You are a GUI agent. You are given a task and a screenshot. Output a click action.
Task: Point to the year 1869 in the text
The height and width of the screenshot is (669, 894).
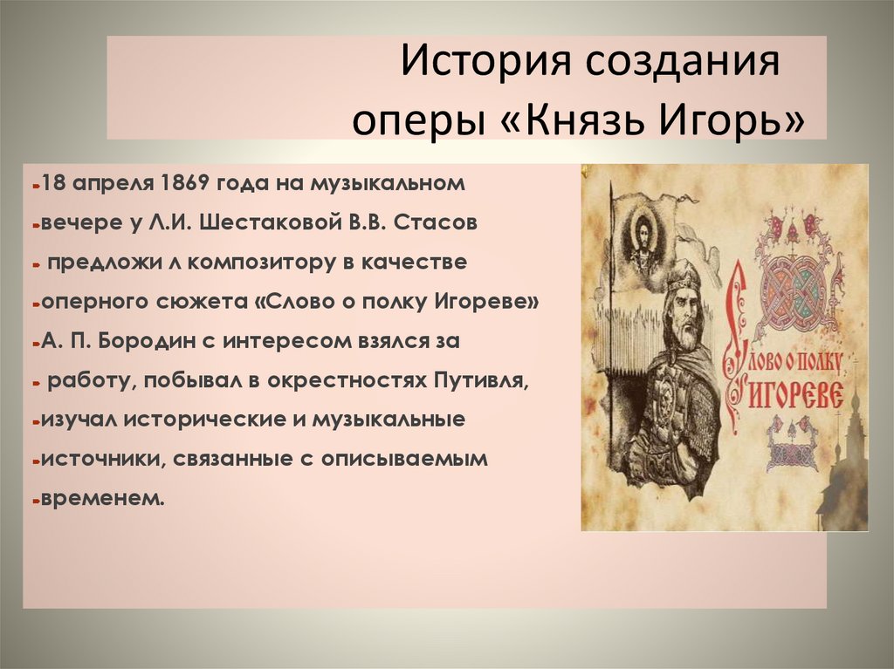(x=185, y=184)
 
